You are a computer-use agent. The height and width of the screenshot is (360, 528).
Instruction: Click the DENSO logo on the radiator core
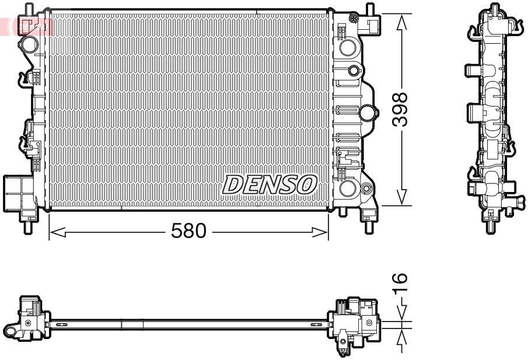coord(269,185)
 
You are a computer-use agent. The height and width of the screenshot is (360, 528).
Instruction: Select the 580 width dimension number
coord(188,232)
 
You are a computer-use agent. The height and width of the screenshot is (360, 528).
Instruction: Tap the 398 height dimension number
coord(400,110)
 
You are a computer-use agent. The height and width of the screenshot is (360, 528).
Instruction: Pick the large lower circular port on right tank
coord(348,188)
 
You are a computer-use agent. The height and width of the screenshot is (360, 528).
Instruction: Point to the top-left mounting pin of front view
coord(27,9)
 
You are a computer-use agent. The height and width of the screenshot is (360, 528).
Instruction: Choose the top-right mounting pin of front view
coord(369,10)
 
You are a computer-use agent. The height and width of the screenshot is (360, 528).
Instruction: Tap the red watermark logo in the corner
coord(26,26)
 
